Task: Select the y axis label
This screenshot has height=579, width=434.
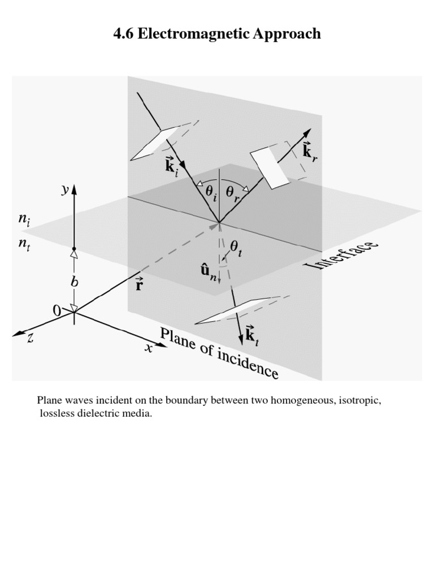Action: [65, 191]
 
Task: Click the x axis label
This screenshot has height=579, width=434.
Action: [149, 348]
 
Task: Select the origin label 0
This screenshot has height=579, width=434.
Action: [57, 310]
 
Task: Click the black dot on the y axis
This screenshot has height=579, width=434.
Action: [74, 248]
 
